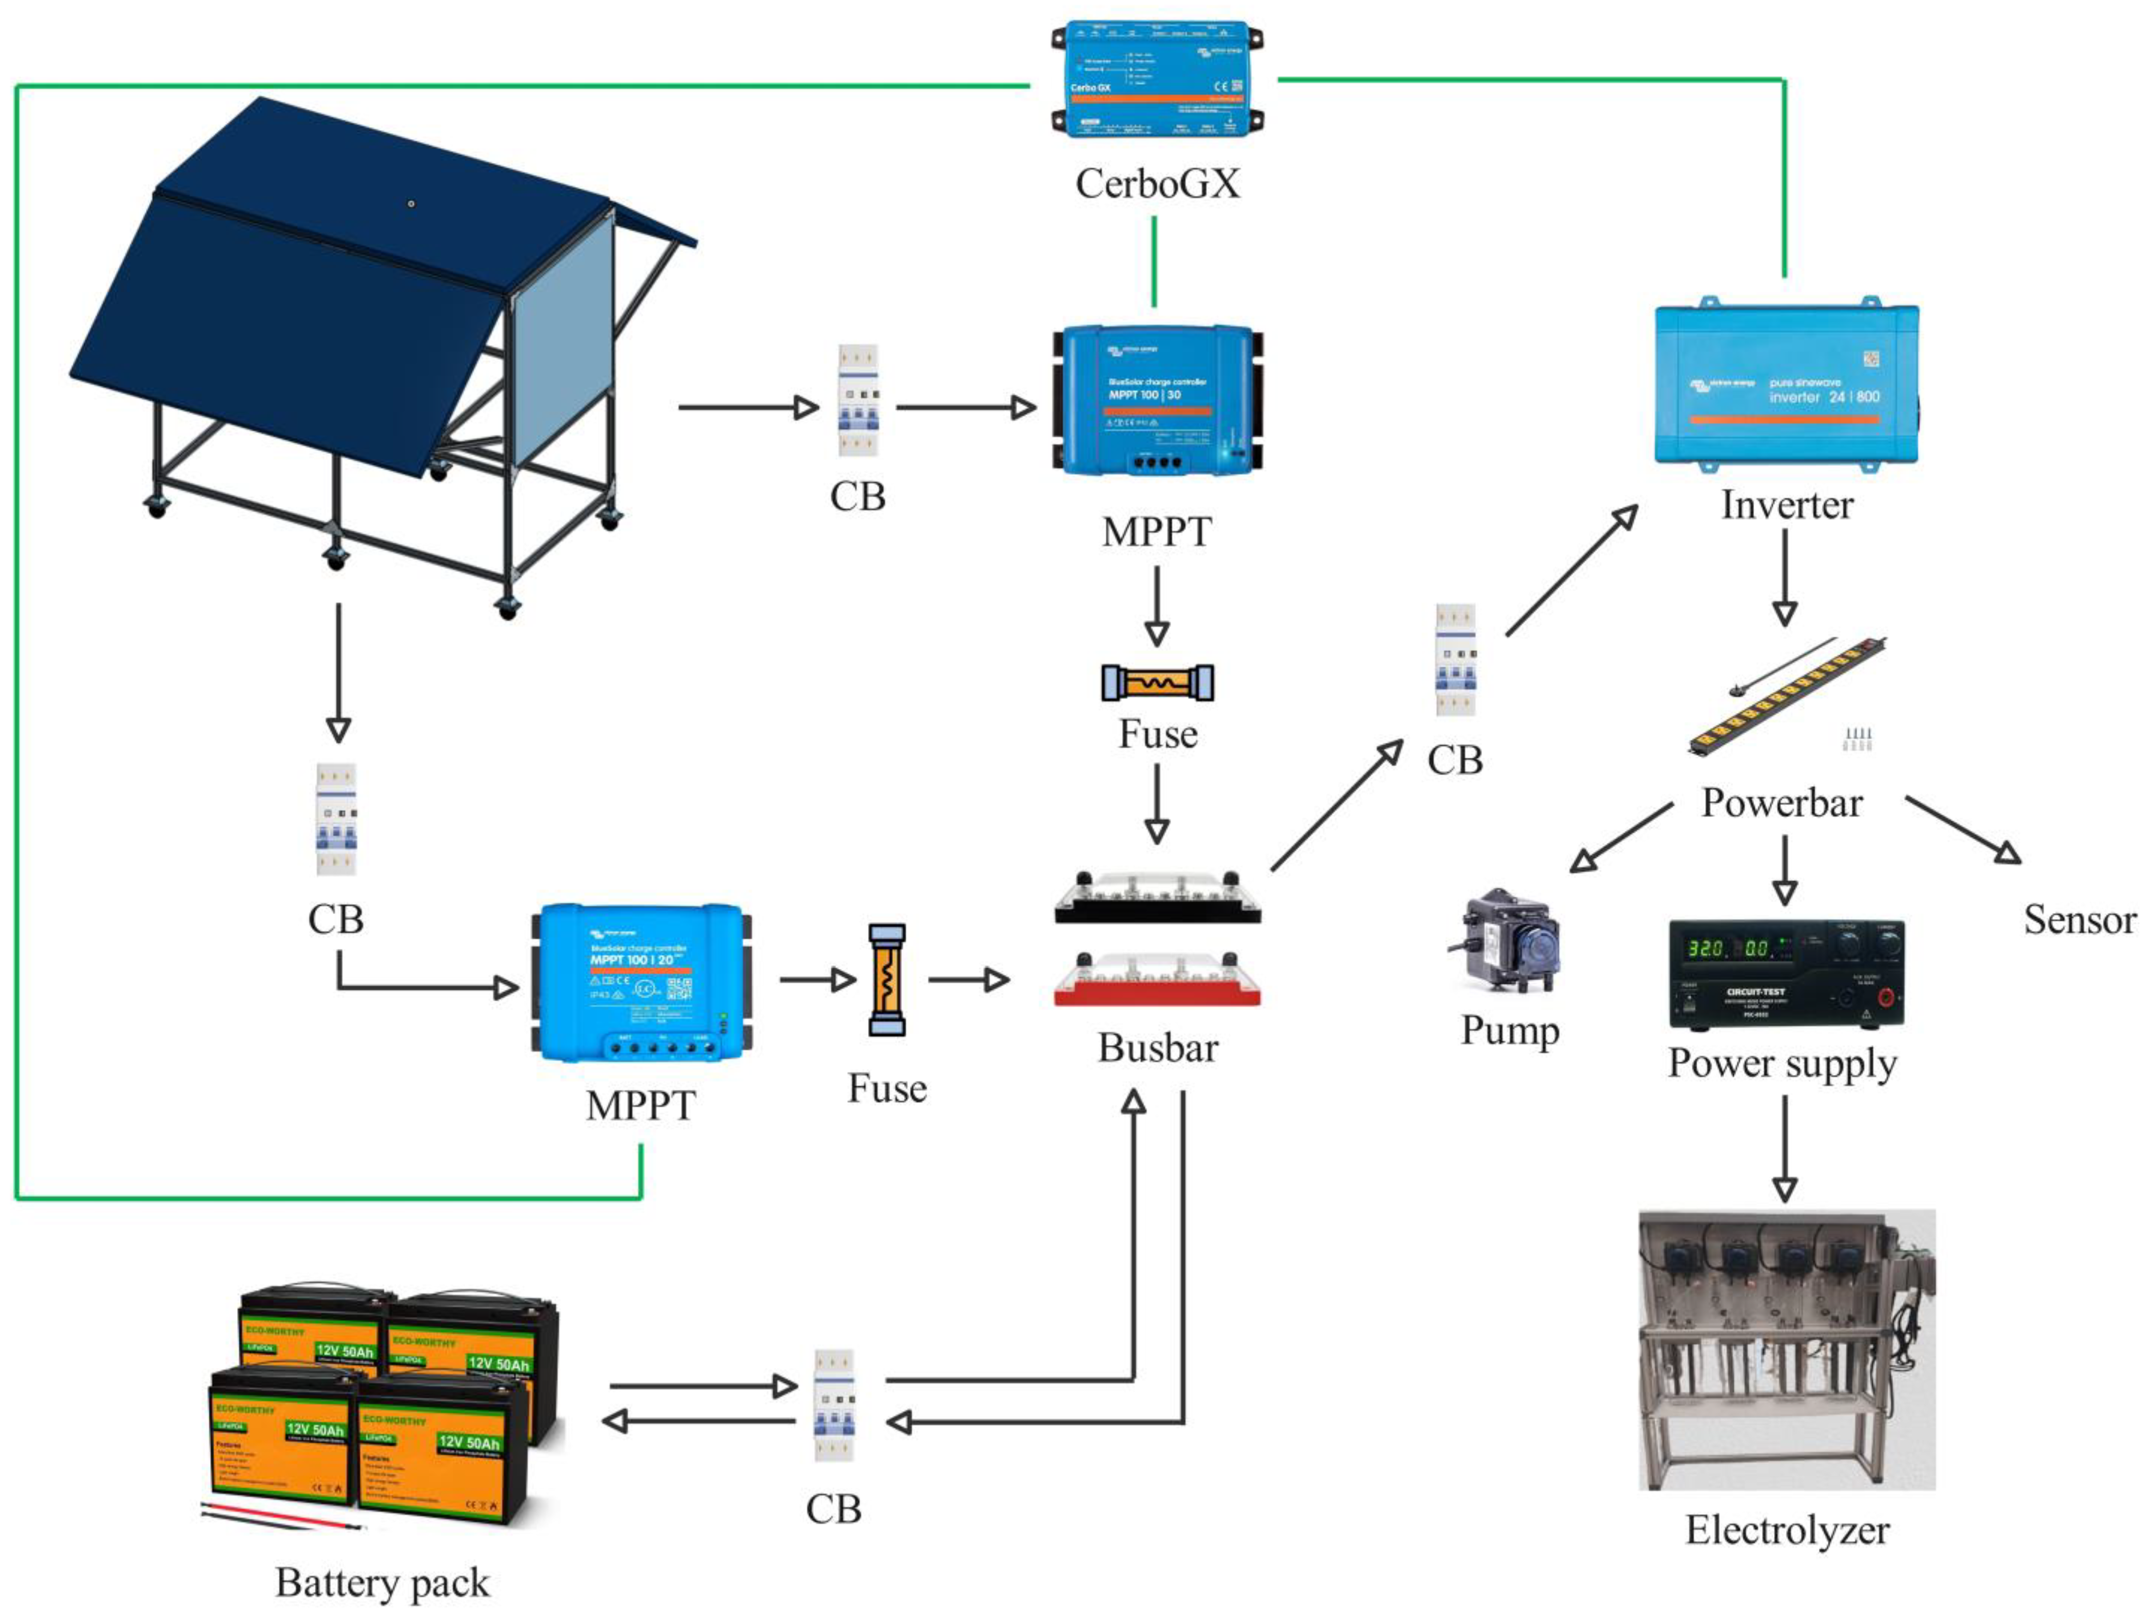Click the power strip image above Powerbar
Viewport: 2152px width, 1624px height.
pyautogui.click(x=1786, y=696)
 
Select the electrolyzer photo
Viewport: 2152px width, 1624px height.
pyautogui.click(x=1786, y=1350)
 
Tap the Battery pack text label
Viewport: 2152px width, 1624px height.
pyautogui.click(x=382, y=1582)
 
